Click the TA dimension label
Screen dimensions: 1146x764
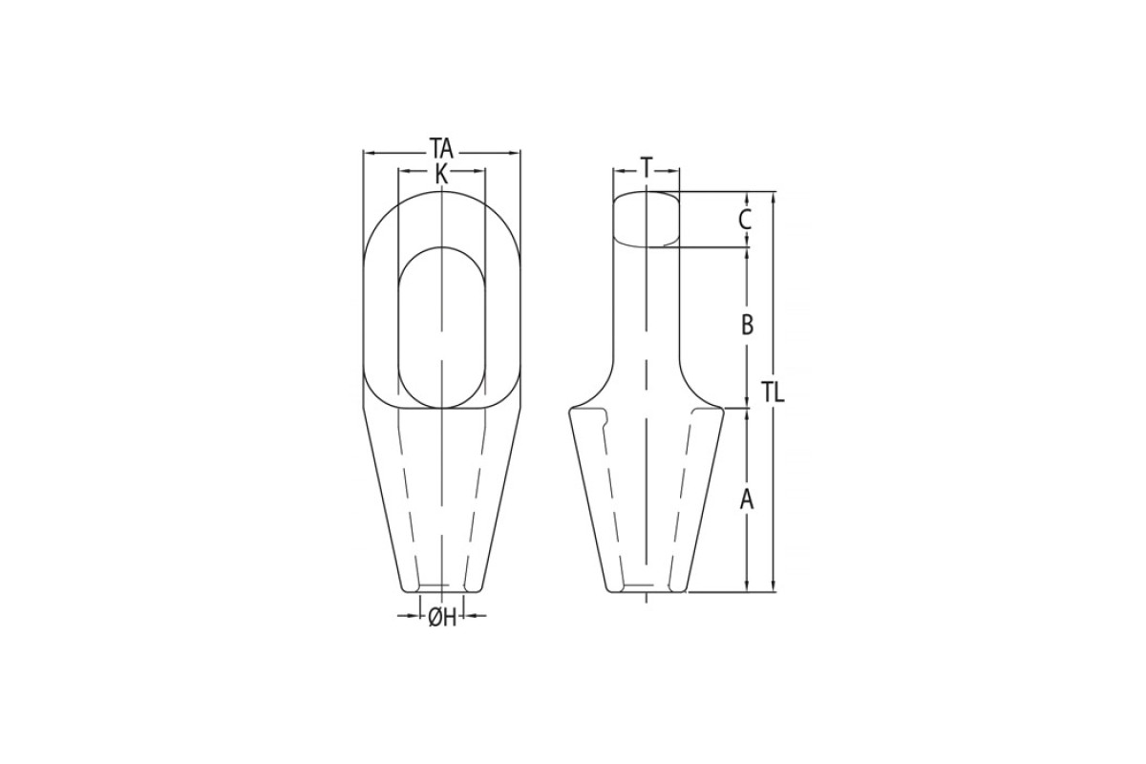tap(441, 149)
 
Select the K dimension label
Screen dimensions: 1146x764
tap(441, 174)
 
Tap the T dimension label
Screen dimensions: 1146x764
tap(647, 167)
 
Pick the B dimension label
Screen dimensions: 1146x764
tap(747, 325)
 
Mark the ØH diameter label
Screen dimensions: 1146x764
tap(442, 619)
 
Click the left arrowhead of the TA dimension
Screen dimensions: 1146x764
tap(370, 153)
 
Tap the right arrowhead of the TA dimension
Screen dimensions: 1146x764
tap(514, 152)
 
